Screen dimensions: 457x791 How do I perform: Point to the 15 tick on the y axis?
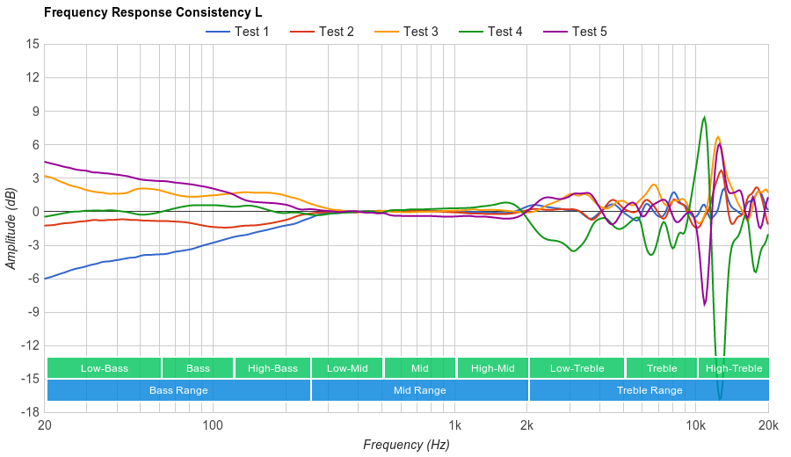click(33, 44)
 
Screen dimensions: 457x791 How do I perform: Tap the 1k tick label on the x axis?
click(454, 425)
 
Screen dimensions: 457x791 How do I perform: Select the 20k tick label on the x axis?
click(768, 425)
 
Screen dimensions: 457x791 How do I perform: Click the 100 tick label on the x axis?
click(213, 425)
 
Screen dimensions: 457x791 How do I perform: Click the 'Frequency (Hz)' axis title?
click(406, 445)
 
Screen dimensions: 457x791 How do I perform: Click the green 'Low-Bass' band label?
click(104, 368)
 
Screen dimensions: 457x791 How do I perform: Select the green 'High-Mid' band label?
click(492, 368)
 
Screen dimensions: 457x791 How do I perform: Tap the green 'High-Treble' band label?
click(734, 368)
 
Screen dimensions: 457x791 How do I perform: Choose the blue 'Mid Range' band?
click(419, 390)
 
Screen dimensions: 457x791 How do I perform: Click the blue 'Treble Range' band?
click(649, 390)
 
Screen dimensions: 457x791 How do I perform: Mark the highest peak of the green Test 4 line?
click(704, 117)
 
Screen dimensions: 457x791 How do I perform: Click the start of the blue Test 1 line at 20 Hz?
click(45, 279)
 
